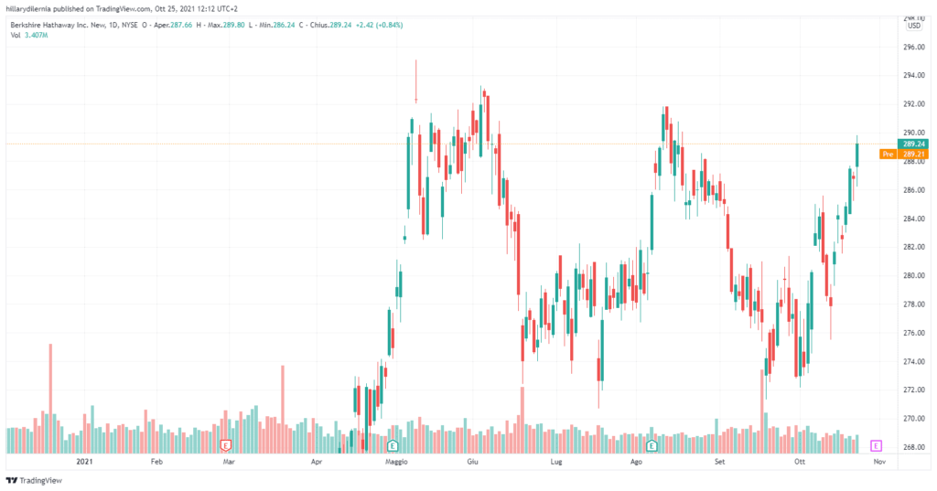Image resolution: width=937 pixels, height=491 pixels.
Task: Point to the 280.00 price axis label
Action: click(x=910, y=275)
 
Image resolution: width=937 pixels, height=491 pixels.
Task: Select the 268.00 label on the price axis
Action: click(x=910, y=447)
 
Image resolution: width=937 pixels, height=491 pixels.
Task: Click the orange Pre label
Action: click(x=887, y=155)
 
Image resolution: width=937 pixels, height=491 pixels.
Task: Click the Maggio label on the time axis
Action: click(x=395, y=464)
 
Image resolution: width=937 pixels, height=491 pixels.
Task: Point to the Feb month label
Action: click(x=156, y=464)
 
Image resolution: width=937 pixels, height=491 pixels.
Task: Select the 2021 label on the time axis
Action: click(x=86, y=464)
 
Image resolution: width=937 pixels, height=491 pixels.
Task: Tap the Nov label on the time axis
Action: click(x=878, y=464)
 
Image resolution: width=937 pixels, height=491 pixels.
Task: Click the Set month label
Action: click(x=719, y=464)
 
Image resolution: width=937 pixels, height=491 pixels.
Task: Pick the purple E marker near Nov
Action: click(x=877, y=445)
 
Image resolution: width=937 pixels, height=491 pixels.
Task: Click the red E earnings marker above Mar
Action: click(x=225, y=445)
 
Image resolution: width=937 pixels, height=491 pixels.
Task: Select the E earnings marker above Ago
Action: click(x=652, y=445)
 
